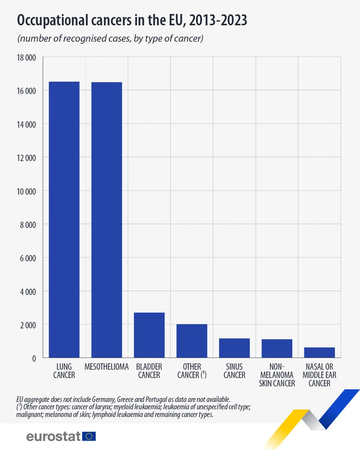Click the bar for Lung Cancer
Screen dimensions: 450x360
[64, 220]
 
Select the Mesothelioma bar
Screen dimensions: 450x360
[107, 220]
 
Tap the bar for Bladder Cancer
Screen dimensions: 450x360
[149, 335]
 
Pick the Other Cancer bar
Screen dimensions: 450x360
[192, 341]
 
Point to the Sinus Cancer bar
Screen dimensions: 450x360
[234, 348]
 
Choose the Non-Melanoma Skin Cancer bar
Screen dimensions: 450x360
[277, 348]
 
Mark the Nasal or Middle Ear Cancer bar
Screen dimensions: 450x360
[319, 352]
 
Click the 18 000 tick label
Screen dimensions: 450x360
[26, 58]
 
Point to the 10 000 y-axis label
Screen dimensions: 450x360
[26, 192]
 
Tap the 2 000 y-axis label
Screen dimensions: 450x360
[28, 325]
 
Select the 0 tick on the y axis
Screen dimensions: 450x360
[34, 359]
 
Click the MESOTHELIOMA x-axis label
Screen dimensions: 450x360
[107, 367]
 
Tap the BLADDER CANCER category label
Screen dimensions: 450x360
[149, 371]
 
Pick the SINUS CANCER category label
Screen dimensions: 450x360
[234, 371]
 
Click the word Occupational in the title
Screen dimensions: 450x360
[53, 21]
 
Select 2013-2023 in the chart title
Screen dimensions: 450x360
[218, 21]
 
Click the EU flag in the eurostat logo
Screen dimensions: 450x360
[89, 436]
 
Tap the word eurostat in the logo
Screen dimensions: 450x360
[53, 436]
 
